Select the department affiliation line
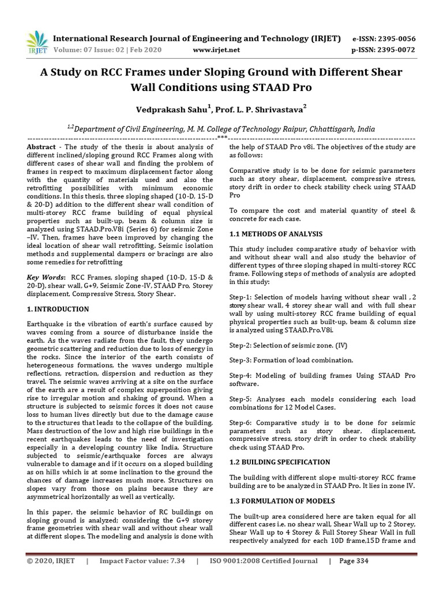tap(221, 130)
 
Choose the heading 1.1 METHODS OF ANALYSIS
tap(276, 234)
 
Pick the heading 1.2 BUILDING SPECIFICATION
tap(280, 462)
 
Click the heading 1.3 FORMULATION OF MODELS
tap(281, 500)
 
